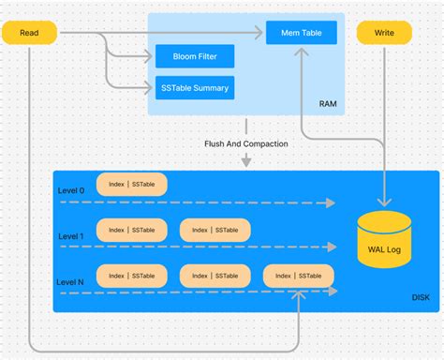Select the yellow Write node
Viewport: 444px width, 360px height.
tap(384, 34)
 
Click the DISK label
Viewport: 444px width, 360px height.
tap(421, 298)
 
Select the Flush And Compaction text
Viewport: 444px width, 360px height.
tap(246, 143)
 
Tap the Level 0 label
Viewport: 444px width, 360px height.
tap(71, 190)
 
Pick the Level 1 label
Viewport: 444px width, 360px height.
tap(71, 236)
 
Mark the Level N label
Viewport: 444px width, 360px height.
tap(71, 282)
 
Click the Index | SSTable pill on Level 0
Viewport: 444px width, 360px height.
tap(131, 185)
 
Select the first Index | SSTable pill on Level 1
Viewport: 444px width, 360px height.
tap(131, 230)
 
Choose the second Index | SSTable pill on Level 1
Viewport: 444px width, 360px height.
tap(215, 230)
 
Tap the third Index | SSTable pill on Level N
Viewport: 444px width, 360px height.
tap(298, 275)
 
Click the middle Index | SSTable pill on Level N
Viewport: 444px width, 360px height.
tap(215, 275)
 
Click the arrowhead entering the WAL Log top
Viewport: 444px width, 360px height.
tap(384, 202)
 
